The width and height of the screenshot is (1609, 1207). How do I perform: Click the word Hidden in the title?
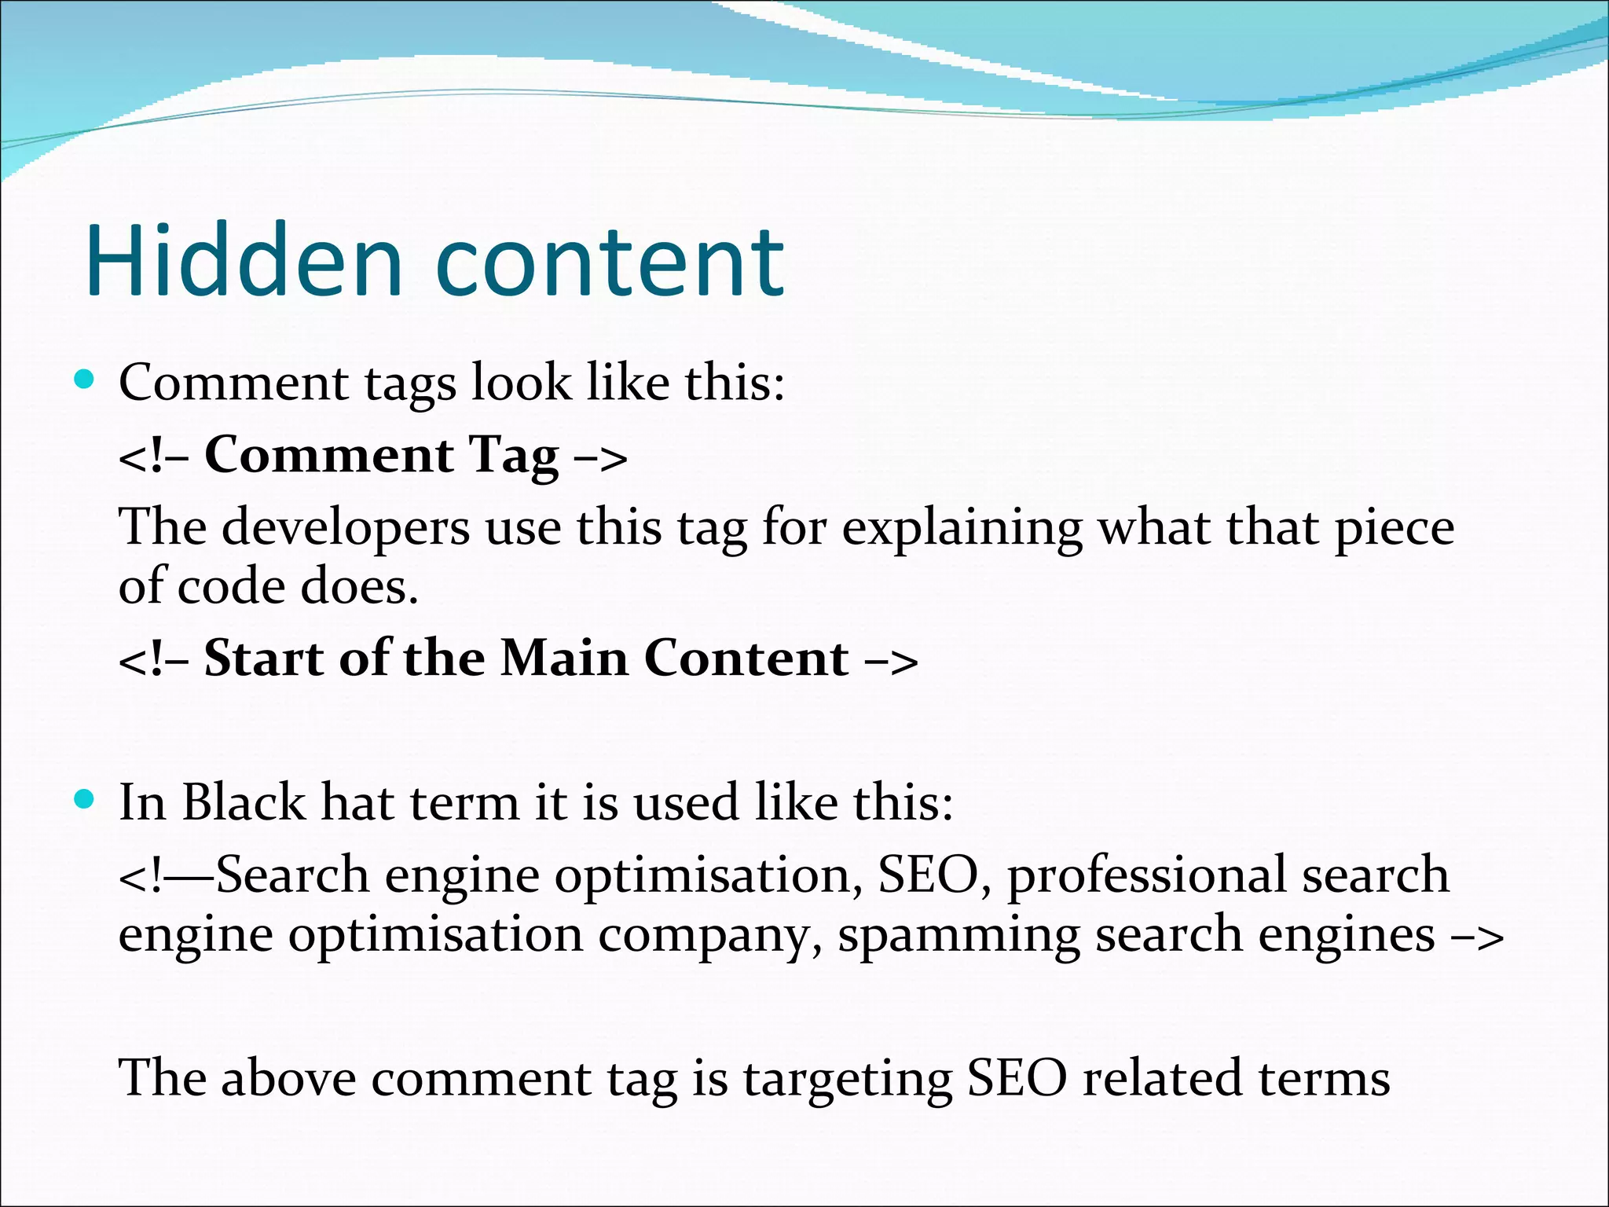244,261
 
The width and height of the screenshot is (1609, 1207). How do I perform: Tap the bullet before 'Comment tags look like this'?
84,381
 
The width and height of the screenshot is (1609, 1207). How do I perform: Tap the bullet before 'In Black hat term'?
84,801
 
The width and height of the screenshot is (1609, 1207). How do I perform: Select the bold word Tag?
514,457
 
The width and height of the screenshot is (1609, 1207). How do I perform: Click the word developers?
346,528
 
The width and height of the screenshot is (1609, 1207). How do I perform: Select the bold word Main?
564,658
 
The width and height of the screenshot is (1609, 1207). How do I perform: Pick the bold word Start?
264,658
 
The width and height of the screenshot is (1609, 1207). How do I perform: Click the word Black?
244,802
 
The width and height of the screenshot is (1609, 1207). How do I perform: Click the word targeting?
848,1080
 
